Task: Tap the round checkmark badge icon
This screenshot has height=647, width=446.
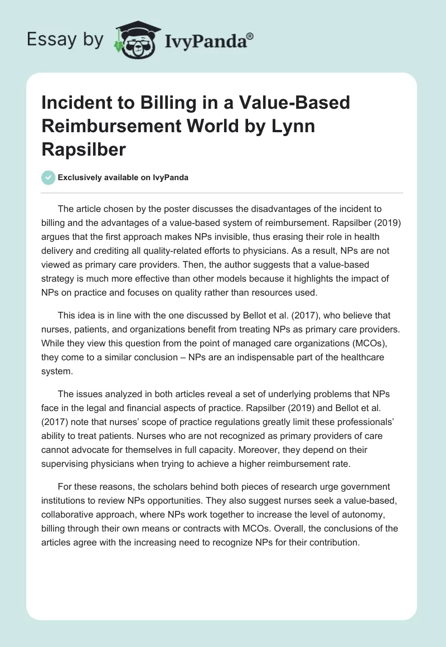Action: (x=49, y=178)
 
